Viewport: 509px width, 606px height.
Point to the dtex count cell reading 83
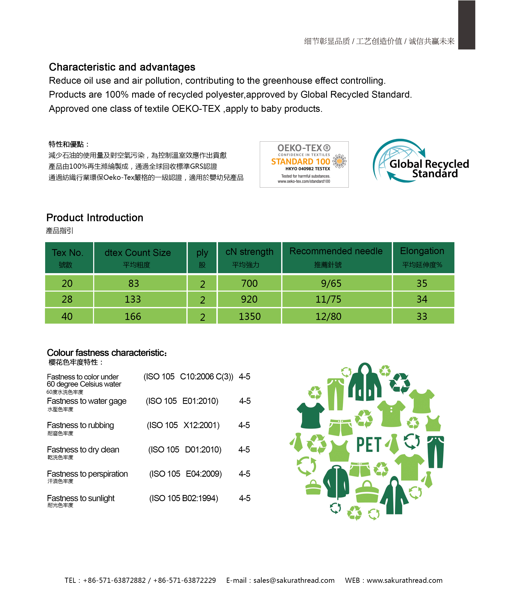[134, 283]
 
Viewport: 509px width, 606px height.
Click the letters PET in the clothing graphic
[369, 445]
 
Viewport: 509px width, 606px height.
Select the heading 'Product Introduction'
[95, 218]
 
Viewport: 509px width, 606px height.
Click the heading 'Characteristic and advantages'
[122, 67]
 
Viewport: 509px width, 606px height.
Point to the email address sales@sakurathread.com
[294, 580]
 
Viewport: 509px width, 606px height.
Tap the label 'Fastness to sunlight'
[81, 498]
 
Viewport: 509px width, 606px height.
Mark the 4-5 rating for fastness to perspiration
[244, 474]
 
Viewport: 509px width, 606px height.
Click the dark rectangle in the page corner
[466, 25]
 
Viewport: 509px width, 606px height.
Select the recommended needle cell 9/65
[331, 283]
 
